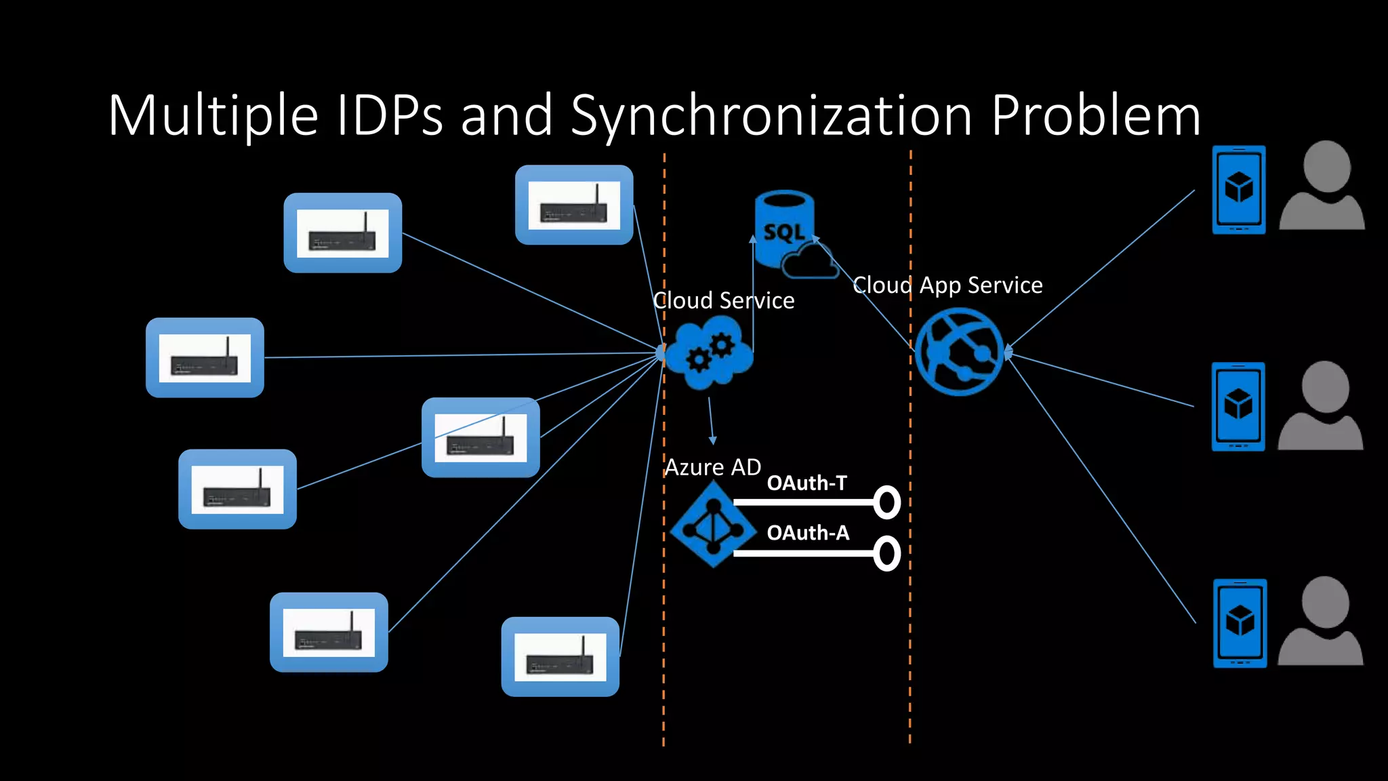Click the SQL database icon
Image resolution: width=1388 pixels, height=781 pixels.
(786, 231)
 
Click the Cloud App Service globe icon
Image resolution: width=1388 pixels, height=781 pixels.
(958, 352)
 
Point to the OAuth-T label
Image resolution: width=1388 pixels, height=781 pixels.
(807, 483)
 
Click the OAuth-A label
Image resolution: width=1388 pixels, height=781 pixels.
(807, 533)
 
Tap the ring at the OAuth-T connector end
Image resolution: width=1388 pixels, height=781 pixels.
(886, 502)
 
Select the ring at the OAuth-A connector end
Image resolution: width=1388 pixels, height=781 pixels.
(886, 553)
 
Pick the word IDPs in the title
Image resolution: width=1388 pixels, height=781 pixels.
(389, 115)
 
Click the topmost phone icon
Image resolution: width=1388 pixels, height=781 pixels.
(1238, 190)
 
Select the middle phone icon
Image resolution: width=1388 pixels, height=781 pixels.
(1238, 407)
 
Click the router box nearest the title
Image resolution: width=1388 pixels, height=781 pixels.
(573, 205)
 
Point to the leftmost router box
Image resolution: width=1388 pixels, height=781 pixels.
(205, 357)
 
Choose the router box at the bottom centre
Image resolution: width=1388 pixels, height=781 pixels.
(560, 656)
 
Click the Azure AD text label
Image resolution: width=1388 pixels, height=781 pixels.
(712, 467)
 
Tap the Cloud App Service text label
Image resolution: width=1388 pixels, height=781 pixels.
(947, 285)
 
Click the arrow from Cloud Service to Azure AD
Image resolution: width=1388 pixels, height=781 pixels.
(711, 420)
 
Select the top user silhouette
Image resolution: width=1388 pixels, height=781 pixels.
(1322, 186)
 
